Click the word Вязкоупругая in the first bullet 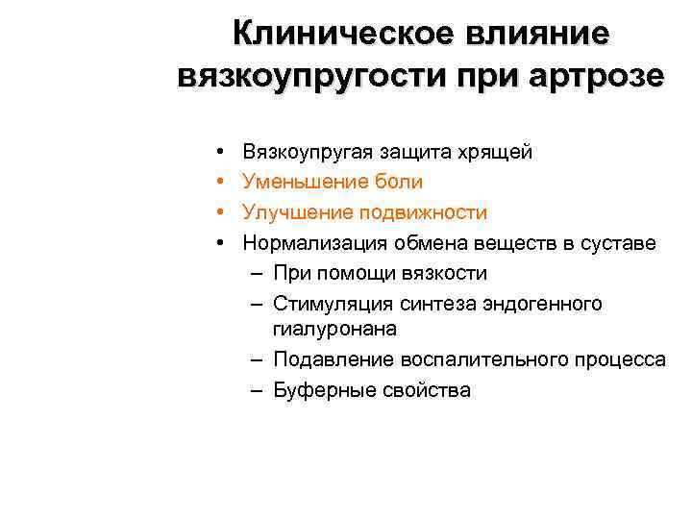click(x=308, y=152)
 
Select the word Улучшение click(x=297, y=211)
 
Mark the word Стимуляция click(x=330, y=304)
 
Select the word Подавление click(x=328, y=359)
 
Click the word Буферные click(x=316, y=389)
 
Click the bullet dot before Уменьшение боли click(x=221, y=182)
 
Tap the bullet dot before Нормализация click(x=221, y=242)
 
